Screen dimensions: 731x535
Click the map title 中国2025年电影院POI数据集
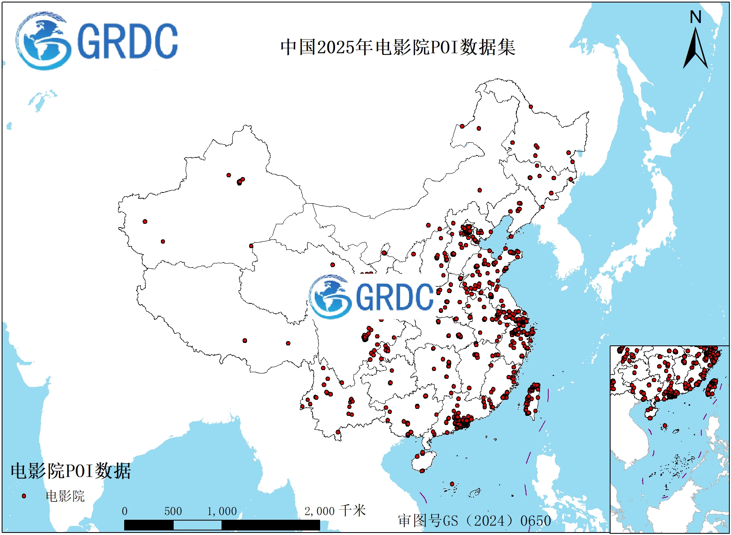398,47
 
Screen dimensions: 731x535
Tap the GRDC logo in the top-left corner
97,41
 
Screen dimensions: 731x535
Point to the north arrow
696,49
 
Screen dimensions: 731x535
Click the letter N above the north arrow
696,17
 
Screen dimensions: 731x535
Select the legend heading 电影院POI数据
71,471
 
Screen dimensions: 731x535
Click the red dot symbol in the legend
24,496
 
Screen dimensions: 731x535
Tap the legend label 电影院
65,496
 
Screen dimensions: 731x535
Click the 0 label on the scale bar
125,512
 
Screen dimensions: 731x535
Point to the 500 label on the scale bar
173,512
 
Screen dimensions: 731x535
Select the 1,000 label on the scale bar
222,512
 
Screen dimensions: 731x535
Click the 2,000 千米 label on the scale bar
335,511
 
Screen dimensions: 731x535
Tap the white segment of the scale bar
197,525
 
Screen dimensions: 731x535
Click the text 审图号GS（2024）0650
474,521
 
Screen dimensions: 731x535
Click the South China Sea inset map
669,439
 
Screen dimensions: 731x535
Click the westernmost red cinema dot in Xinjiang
145,221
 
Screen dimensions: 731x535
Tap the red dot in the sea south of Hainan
452,484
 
